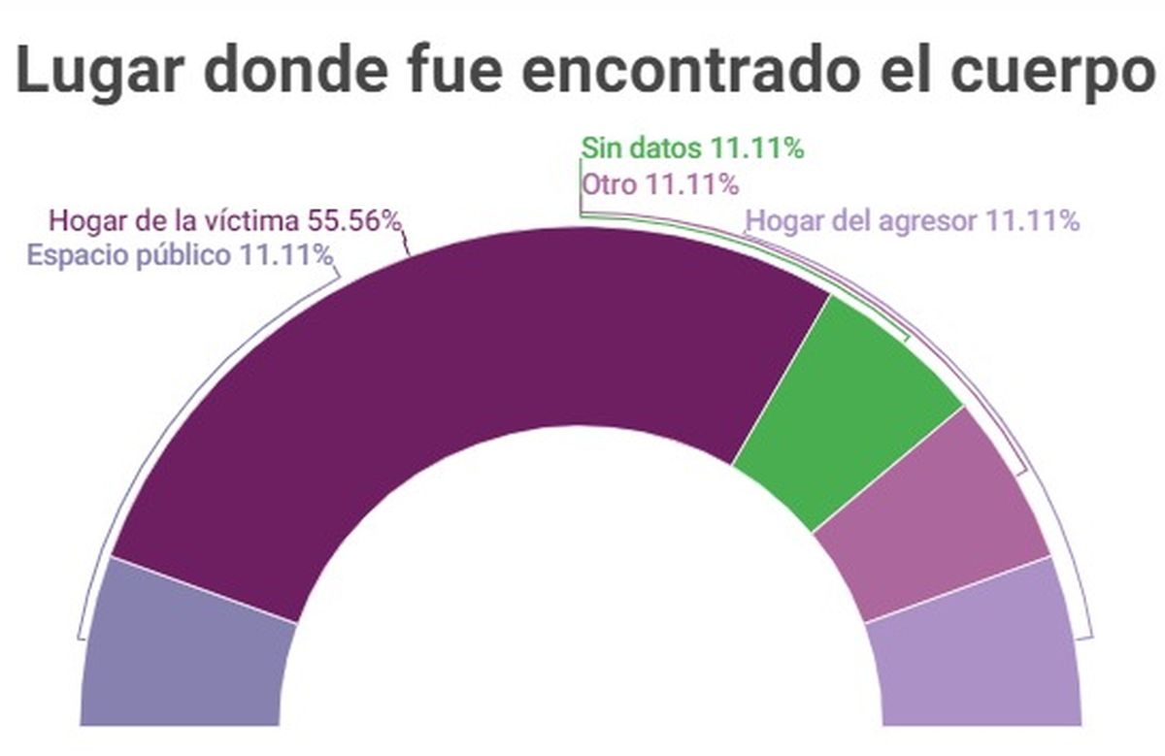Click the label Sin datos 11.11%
(692, 149)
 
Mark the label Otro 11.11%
(660, 182)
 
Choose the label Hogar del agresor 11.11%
(912, 221)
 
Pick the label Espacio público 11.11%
(181, 255)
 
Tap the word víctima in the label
(254, 221)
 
